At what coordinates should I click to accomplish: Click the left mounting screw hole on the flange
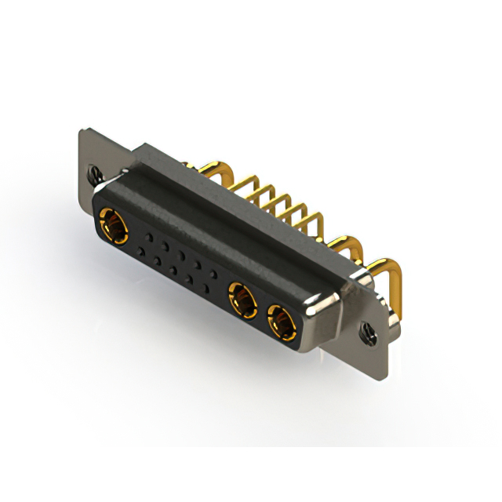pyautogui.click(x=95, y=170)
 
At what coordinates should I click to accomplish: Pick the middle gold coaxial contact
pyautogui.click(x=241, y=299)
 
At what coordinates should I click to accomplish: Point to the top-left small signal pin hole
pyautogui.click(x=147, y=235)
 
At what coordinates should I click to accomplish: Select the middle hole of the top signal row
pyautogui.click(x=182, y=254)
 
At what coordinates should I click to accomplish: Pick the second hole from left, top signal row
pyautogui.click(x=165, y=245)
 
